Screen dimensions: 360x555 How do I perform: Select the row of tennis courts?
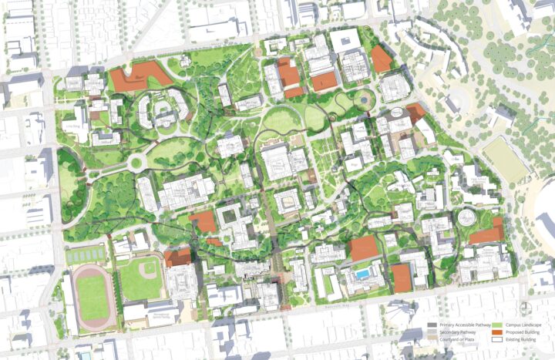point(86,254)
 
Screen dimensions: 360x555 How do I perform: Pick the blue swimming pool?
point(362,274)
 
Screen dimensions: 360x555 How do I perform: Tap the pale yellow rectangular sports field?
point(505,159)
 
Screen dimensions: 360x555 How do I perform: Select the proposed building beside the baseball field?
point(177,257)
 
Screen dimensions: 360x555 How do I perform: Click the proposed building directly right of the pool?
point(401,278)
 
